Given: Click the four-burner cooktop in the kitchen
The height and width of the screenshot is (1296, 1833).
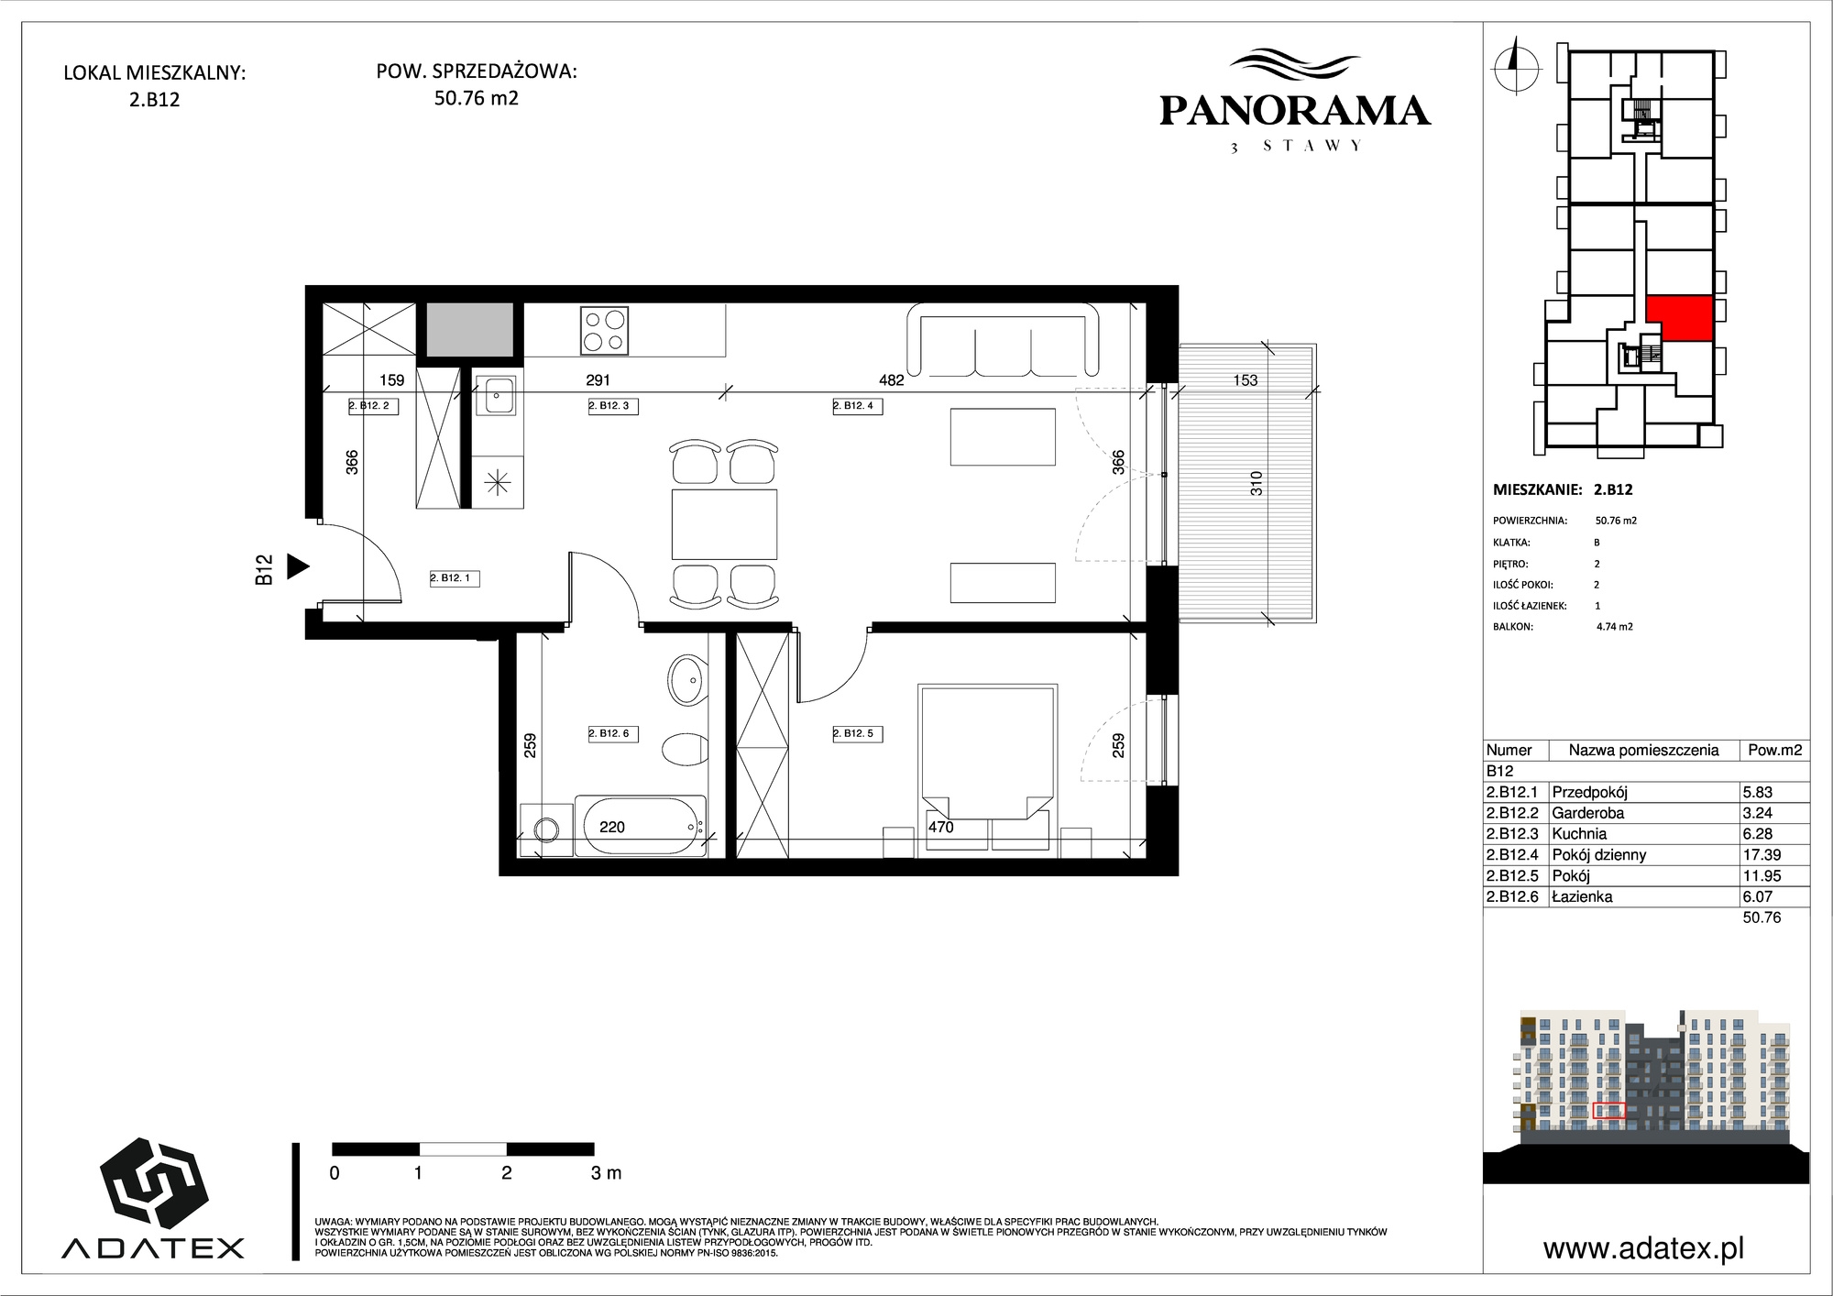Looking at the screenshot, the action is pos(605,331).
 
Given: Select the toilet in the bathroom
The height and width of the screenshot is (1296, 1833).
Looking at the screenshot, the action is pos(683,750).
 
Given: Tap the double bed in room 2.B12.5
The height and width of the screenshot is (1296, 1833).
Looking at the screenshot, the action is pos(988,770).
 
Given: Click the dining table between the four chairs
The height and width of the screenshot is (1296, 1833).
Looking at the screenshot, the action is pos(724,524).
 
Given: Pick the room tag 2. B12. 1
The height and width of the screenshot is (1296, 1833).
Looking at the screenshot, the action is pos(455,578).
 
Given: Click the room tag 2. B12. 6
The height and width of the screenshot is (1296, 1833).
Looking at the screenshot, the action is pos(613,733).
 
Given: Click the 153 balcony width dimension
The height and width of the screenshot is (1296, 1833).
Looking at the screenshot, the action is pos(1245,380).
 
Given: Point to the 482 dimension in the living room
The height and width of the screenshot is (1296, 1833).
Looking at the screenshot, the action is pos(891,380).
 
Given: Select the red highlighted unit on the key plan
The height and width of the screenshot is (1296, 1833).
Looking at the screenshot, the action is pos(1679,318).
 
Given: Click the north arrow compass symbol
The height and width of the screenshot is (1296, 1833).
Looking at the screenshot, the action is pos(1516,65).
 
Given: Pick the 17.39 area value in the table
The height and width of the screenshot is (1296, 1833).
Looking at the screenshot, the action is pos(1762,854).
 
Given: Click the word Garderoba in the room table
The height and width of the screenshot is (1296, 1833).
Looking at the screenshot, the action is pos(1587,813).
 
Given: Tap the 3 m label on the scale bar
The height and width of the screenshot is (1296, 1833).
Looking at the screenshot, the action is pos(606,1172).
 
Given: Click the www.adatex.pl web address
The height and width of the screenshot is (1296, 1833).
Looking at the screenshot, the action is pos(1643,1248).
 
